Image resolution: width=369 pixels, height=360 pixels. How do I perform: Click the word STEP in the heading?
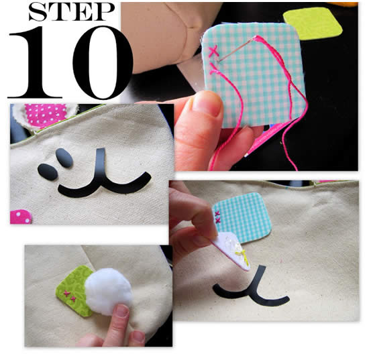click(x=72, y=12)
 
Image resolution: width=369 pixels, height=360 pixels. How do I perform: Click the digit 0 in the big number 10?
click(x=103, y=62)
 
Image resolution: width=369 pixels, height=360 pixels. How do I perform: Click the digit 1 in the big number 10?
click(x=36, y=62)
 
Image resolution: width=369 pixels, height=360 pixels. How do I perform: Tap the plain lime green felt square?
click(x=313, y=23)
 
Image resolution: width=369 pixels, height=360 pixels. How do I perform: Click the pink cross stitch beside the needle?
click(x=213, y=52)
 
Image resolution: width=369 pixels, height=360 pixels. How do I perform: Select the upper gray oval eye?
click(x=64, y=158)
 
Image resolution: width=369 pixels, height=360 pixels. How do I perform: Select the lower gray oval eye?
click(x=48, y=172)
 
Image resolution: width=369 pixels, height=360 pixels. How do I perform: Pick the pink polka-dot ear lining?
click(x=46, y=115)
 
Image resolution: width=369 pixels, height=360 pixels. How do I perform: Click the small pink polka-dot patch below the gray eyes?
click(x=21, y=217)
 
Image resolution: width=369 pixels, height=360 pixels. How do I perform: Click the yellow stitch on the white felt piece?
click(x=242, y=256)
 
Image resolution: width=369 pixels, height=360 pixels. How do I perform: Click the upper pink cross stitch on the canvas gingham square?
click(x=217, y=213)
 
